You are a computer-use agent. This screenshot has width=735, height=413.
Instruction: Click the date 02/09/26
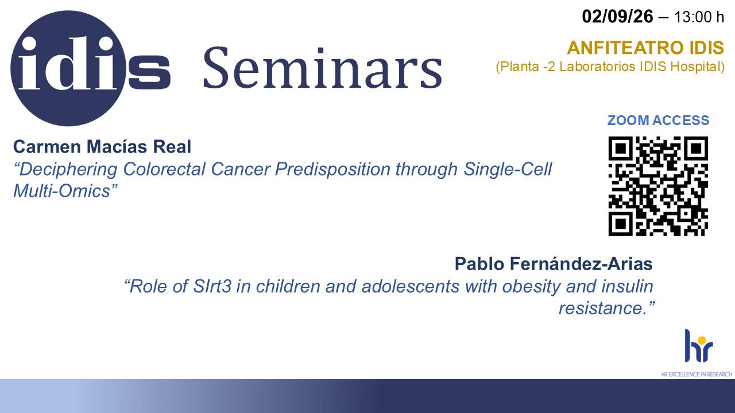(617, 17)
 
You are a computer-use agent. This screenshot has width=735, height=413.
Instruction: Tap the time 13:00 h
(699, 17)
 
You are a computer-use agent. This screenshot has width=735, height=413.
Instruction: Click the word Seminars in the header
(323, 68)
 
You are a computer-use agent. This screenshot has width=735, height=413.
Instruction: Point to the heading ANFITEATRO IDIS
(645, 48)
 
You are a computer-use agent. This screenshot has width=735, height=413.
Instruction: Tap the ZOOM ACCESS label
(658, 120)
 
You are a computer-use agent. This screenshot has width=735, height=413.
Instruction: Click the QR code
(658, 186)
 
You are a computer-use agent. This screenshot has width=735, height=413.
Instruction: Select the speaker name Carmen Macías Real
(102, 146)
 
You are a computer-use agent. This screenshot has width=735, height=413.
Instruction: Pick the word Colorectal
(164, 169)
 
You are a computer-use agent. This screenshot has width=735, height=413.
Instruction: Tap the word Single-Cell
(508, 169)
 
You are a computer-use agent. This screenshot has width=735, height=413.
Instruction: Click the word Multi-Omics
(62, 191)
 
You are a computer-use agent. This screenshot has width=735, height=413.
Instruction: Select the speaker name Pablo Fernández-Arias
(554, 264)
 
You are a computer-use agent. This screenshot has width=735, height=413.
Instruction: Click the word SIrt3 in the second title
(212, 286)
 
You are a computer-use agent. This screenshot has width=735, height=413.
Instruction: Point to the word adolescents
(410, 286)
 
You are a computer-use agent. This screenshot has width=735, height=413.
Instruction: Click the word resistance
(602, 309)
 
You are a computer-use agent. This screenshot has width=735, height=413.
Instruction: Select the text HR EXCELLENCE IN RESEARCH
(697, 374)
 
